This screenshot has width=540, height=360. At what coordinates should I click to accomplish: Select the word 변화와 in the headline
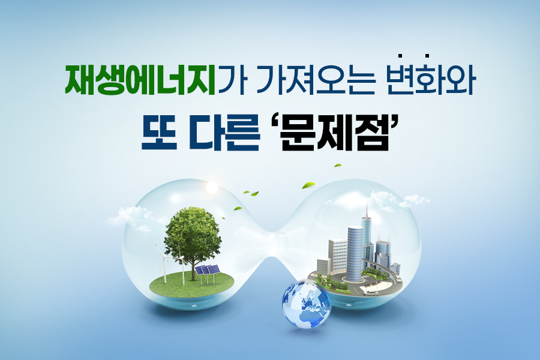pyautogui.click(x=431, y=79)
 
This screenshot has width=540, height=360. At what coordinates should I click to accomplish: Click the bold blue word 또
pyautogui.click(x=159, y=134)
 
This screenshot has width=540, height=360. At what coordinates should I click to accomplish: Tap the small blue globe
pyautogui.click(x=306, y=304)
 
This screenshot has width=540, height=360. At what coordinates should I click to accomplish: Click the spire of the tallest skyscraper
pyautogui.click(x=367, y=209)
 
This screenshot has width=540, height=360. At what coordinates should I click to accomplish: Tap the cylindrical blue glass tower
pyautogui.click(x=355, y=254)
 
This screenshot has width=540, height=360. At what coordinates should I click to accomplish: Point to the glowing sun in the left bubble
pyautogui.click(x=211, y=187)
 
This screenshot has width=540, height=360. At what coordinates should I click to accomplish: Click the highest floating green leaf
pyautogui.click(x=338, y=166)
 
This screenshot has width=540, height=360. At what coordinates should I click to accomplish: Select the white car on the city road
pyautogui.click(x=370, y=293)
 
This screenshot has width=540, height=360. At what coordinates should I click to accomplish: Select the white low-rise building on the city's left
pyautogui.click(x=323, y=266)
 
